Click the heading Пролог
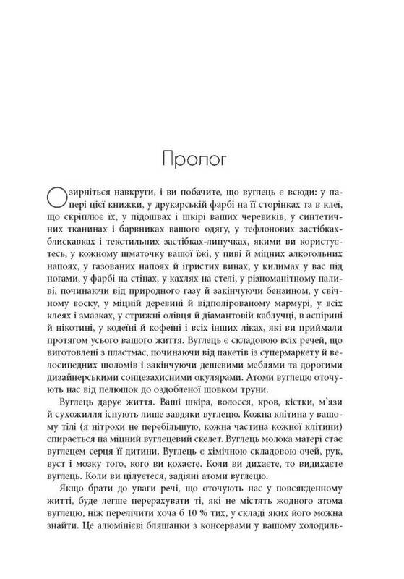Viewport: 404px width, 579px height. pyautogui.click(x=201, y=174)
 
